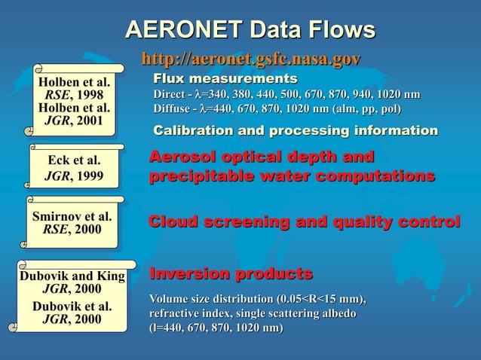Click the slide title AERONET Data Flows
point(250,30)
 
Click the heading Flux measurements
point(225,79)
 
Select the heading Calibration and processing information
point(296,131)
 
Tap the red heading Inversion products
point(231,272)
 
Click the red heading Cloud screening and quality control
point(305,222)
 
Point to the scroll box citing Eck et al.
point(73,169)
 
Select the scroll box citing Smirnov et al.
point(72,223)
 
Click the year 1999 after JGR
point(88,178)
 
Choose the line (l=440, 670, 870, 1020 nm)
point(216,328)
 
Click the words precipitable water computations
point(292,177)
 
